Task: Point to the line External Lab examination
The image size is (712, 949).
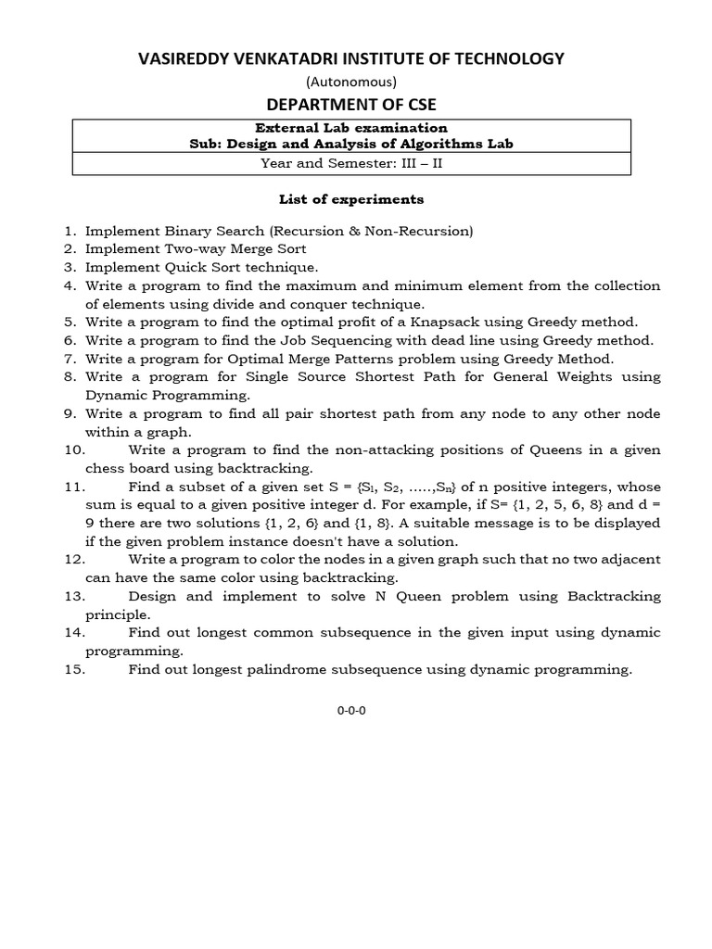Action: click(x=351, y=128)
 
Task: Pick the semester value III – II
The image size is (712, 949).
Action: click(x=430, y=165)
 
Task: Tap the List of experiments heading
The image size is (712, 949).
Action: click(x=351, y=199)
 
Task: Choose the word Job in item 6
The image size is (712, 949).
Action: click(x=281, y=340)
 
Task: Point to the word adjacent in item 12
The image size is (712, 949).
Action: click(x=625, y=559)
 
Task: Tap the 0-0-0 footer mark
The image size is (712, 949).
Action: click(x=351, y=711)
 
